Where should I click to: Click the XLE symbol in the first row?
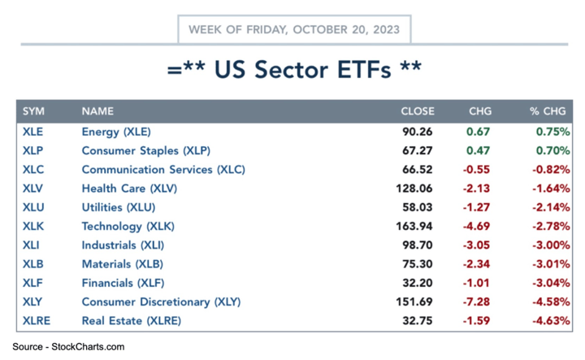[33, 132]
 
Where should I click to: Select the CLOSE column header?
[417, 111]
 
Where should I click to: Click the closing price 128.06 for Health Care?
[418, 189]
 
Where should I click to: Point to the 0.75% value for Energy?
[553, 132]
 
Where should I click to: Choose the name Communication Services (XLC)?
[163, 170]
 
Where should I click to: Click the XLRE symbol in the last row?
[37, 320]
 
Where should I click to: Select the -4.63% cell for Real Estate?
[551, 320]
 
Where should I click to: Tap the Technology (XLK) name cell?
[128, 226]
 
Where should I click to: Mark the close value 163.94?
[418, 226]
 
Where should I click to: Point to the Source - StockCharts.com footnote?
[68, 347]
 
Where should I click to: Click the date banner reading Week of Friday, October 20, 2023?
[294, 29]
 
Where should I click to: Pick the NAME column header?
[97, 111]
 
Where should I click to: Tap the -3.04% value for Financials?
[551, 283]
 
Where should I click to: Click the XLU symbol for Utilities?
[33, 207]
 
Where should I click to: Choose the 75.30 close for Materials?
[420, 264]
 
